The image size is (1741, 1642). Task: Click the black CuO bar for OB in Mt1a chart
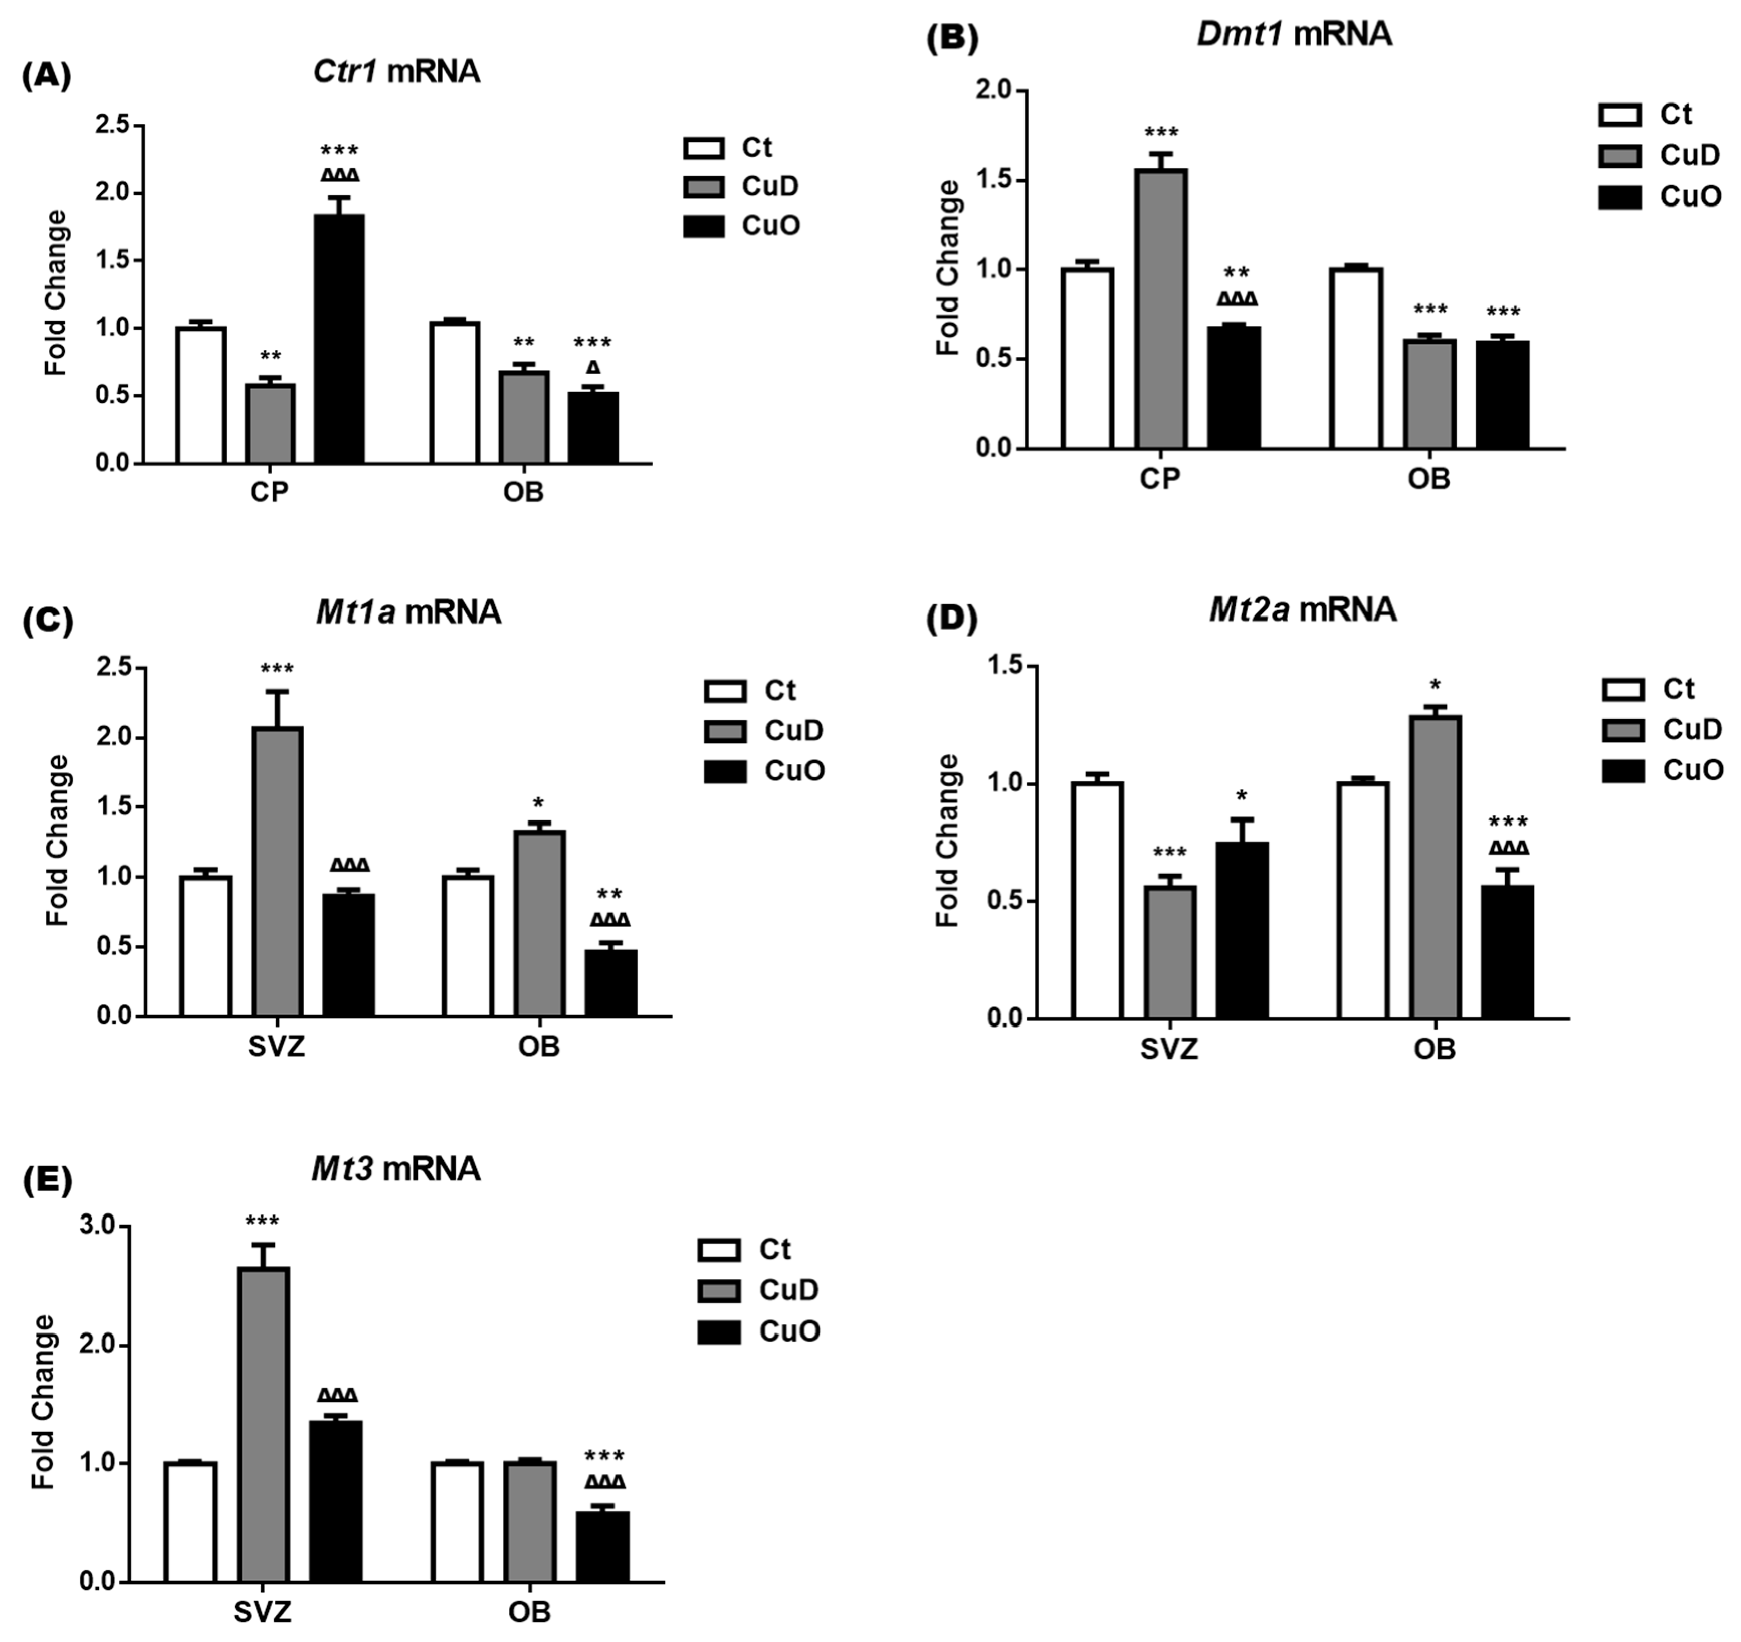(610, 983)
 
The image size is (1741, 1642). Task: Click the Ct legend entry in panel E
(745, 1250)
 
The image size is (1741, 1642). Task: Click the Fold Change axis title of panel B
(948, 268)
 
